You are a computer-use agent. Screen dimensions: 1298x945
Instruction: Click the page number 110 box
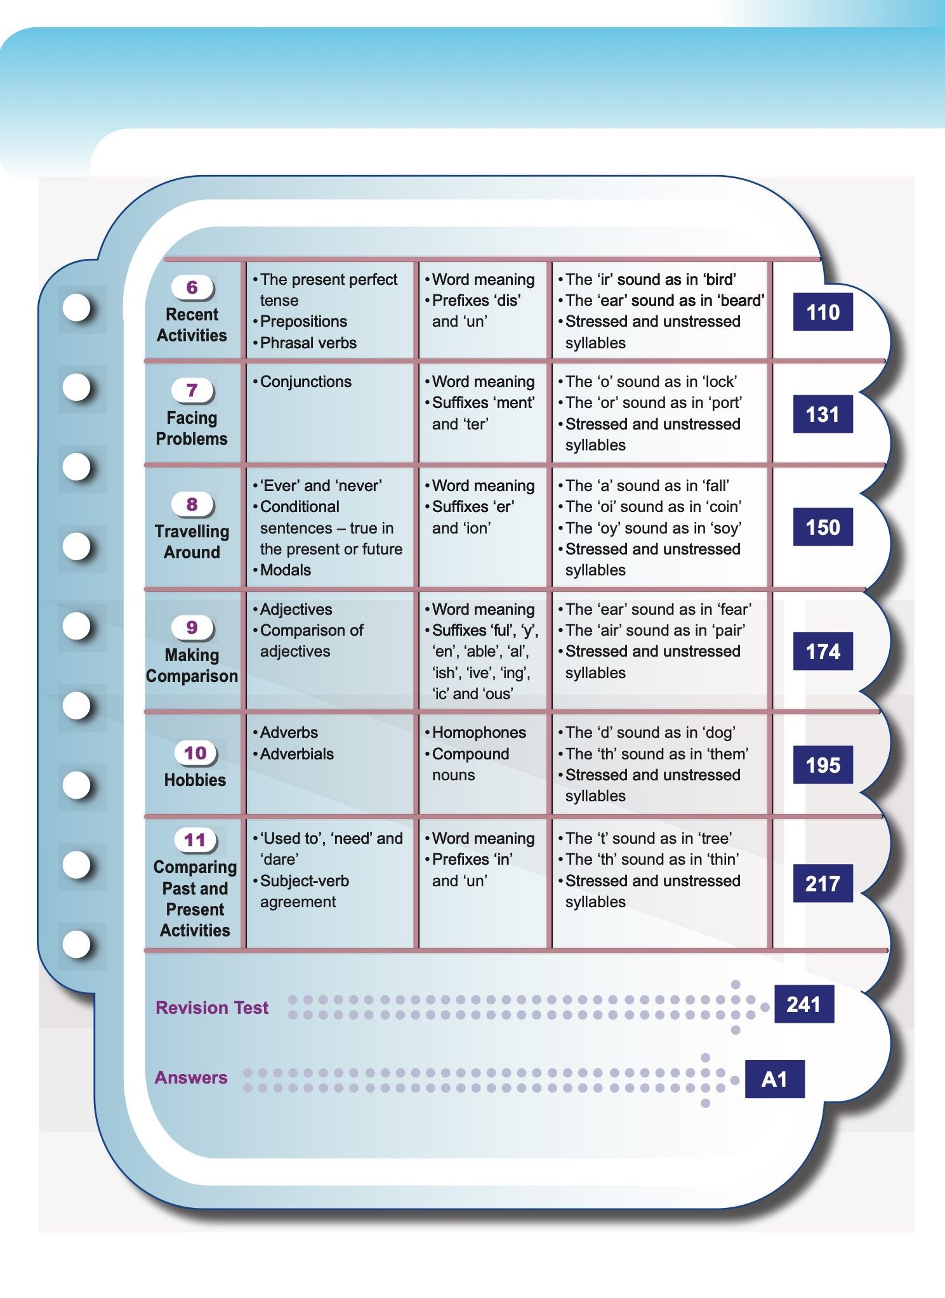823,312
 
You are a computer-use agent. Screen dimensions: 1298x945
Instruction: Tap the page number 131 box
823,414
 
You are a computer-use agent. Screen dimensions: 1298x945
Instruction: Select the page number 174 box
823,652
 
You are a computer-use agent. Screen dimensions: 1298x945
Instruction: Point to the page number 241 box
803,1004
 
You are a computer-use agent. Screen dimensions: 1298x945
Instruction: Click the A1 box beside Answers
774,1079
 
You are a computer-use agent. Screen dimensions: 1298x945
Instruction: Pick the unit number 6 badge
192,287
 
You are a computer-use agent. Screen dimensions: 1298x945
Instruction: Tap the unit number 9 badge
192,627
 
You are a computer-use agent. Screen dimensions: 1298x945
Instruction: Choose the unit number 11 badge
195,840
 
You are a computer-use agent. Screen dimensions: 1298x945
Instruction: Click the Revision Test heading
212,1007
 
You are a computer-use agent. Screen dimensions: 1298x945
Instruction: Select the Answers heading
191,1077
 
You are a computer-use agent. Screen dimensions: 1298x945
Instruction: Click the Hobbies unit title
195,780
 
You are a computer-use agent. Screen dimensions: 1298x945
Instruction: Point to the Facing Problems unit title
192,428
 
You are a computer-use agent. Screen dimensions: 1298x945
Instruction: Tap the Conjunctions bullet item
305,381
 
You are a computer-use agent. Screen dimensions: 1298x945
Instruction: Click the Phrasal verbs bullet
308,343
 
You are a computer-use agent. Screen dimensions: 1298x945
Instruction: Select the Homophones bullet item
479,732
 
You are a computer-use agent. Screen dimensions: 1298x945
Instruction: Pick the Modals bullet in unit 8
285,570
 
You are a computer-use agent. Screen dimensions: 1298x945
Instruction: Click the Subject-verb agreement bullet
304,891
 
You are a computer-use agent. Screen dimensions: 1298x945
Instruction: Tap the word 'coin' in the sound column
722,506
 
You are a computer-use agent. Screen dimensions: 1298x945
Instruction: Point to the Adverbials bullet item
296,754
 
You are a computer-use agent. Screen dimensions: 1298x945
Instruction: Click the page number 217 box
823,884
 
